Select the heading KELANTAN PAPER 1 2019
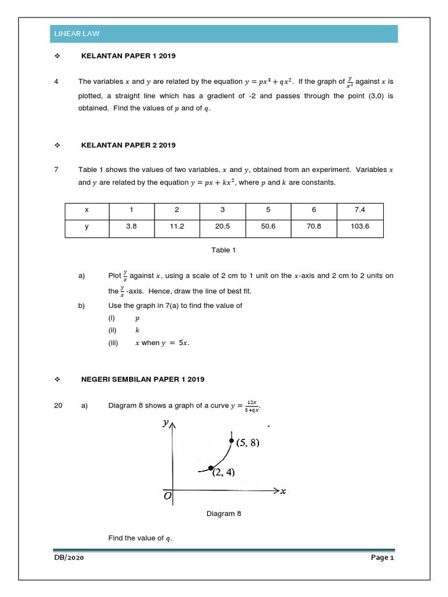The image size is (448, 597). point(128,56)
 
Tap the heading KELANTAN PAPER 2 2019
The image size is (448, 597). point(128,145)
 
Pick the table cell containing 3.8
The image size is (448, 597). point(131,227)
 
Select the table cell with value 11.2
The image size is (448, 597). point(177,227)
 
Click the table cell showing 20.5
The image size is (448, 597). point(222,227)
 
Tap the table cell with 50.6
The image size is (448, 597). point(268,227)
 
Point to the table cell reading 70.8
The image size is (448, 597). point(314,227)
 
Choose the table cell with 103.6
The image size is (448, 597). point(360,227)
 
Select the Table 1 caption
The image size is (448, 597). point(223,250)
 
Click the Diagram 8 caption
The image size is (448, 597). point(223,514)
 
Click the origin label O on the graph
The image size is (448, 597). point(167,496)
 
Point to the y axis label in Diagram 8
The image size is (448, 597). point(166,424)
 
